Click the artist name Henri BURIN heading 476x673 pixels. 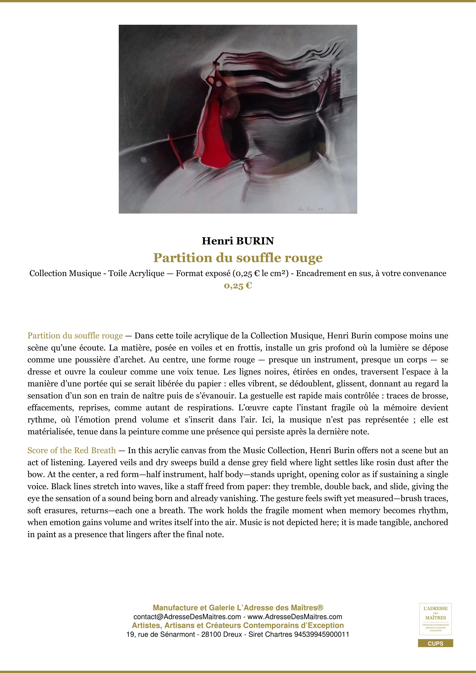point(238,241)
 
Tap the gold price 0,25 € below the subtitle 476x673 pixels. point(238,286)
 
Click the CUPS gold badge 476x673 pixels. point(435,643)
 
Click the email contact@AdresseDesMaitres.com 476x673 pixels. point(187,617)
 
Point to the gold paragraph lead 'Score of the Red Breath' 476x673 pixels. point(72,450)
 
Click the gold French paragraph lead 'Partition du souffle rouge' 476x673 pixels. point(75,336)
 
